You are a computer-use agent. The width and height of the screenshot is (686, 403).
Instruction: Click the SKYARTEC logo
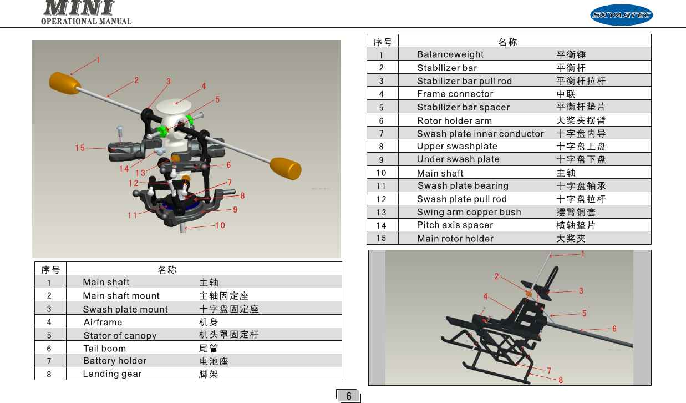coord(621,15)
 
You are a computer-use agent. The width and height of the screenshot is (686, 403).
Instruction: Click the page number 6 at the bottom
coord(348,396)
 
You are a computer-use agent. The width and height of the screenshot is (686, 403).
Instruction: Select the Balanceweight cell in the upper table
coord(450,54)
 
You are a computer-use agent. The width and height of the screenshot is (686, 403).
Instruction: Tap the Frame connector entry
coord(455,94)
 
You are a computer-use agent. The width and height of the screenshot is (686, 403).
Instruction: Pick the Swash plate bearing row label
coord(463,186)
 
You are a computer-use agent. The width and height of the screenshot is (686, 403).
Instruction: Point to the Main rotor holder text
coord(455,239)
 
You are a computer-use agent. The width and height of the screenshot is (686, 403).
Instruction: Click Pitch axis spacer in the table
coord(455,225)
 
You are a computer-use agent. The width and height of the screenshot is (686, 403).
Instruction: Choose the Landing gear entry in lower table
coord(112,374)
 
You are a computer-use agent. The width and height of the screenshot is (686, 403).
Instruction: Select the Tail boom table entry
coord(104,349)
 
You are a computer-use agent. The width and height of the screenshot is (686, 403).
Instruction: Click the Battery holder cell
coord(115,361)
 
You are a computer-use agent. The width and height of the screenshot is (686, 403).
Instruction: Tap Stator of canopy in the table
coord(120,336)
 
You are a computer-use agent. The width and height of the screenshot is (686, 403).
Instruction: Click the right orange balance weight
coord(286,167)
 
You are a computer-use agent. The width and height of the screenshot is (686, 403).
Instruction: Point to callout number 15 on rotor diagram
coord(80,148)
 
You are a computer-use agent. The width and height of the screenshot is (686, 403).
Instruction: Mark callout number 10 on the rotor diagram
coord(220,225)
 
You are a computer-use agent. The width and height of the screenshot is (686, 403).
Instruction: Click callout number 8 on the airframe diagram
coord(561,380)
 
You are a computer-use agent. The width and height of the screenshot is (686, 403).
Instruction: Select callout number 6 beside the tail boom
coord(614,329)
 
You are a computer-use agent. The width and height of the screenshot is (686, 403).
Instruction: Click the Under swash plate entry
coord(458,159)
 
